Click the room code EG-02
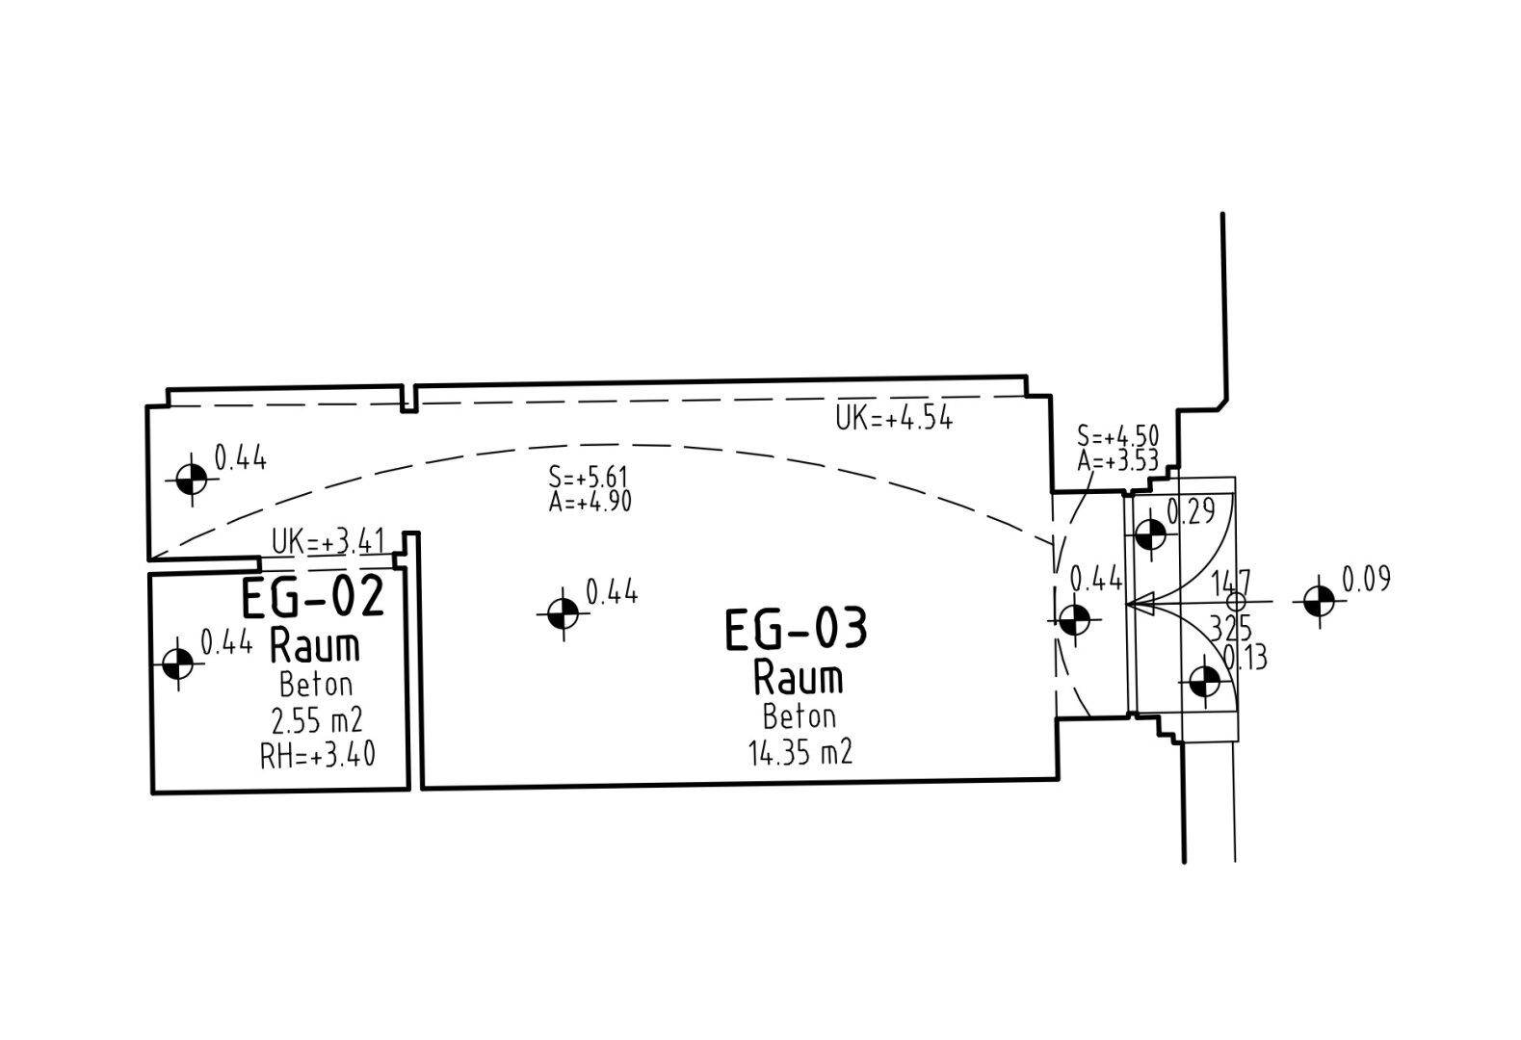tap(313, 597)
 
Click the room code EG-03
tap(796, 629)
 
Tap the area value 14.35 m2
tap(800, 753)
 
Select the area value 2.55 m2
tap(316, 721)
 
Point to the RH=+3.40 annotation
tap(318, 756)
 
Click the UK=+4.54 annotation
tap(894, 418)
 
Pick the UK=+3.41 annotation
tap(328, 542)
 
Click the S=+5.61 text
tap(588, 477)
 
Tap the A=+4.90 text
tap(590, 502)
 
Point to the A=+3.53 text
tap(1117, 461)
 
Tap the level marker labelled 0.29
tap(1150, 535)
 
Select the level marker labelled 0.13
tap(1205, 682)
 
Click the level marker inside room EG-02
tap(178, 663)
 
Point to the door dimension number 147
tap(1231, 583)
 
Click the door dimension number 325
tap(1231, 629)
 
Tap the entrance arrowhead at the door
tap(1141, 603)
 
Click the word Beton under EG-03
tap(800, 716)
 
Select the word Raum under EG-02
tap(315, 646)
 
